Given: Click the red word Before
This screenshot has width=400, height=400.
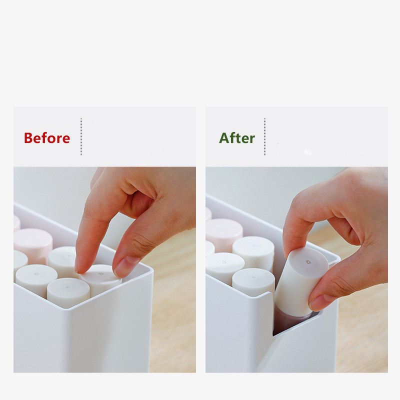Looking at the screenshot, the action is coord(47,138).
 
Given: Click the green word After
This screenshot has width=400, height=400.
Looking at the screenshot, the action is coord(237,138).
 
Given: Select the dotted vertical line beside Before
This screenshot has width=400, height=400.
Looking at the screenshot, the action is coord(81,136).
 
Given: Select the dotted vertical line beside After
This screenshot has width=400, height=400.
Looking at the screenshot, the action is coord(264,136).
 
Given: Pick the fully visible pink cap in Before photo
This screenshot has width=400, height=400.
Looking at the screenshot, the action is coord(33,245).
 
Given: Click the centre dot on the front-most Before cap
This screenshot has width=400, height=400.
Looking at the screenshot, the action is coord(67,287).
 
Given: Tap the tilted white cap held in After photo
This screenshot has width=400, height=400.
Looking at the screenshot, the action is coord(301,280).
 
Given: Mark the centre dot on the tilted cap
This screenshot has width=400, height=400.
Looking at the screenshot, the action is coord(308,262).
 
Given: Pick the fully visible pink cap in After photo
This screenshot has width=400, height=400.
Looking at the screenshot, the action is coord(224,234).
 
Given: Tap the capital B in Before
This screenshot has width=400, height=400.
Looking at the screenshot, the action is coord(28,138).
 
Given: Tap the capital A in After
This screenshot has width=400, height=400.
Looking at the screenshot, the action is coord(224,138).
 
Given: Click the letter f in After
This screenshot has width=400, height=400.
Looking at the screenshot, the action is coord(232,137).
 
